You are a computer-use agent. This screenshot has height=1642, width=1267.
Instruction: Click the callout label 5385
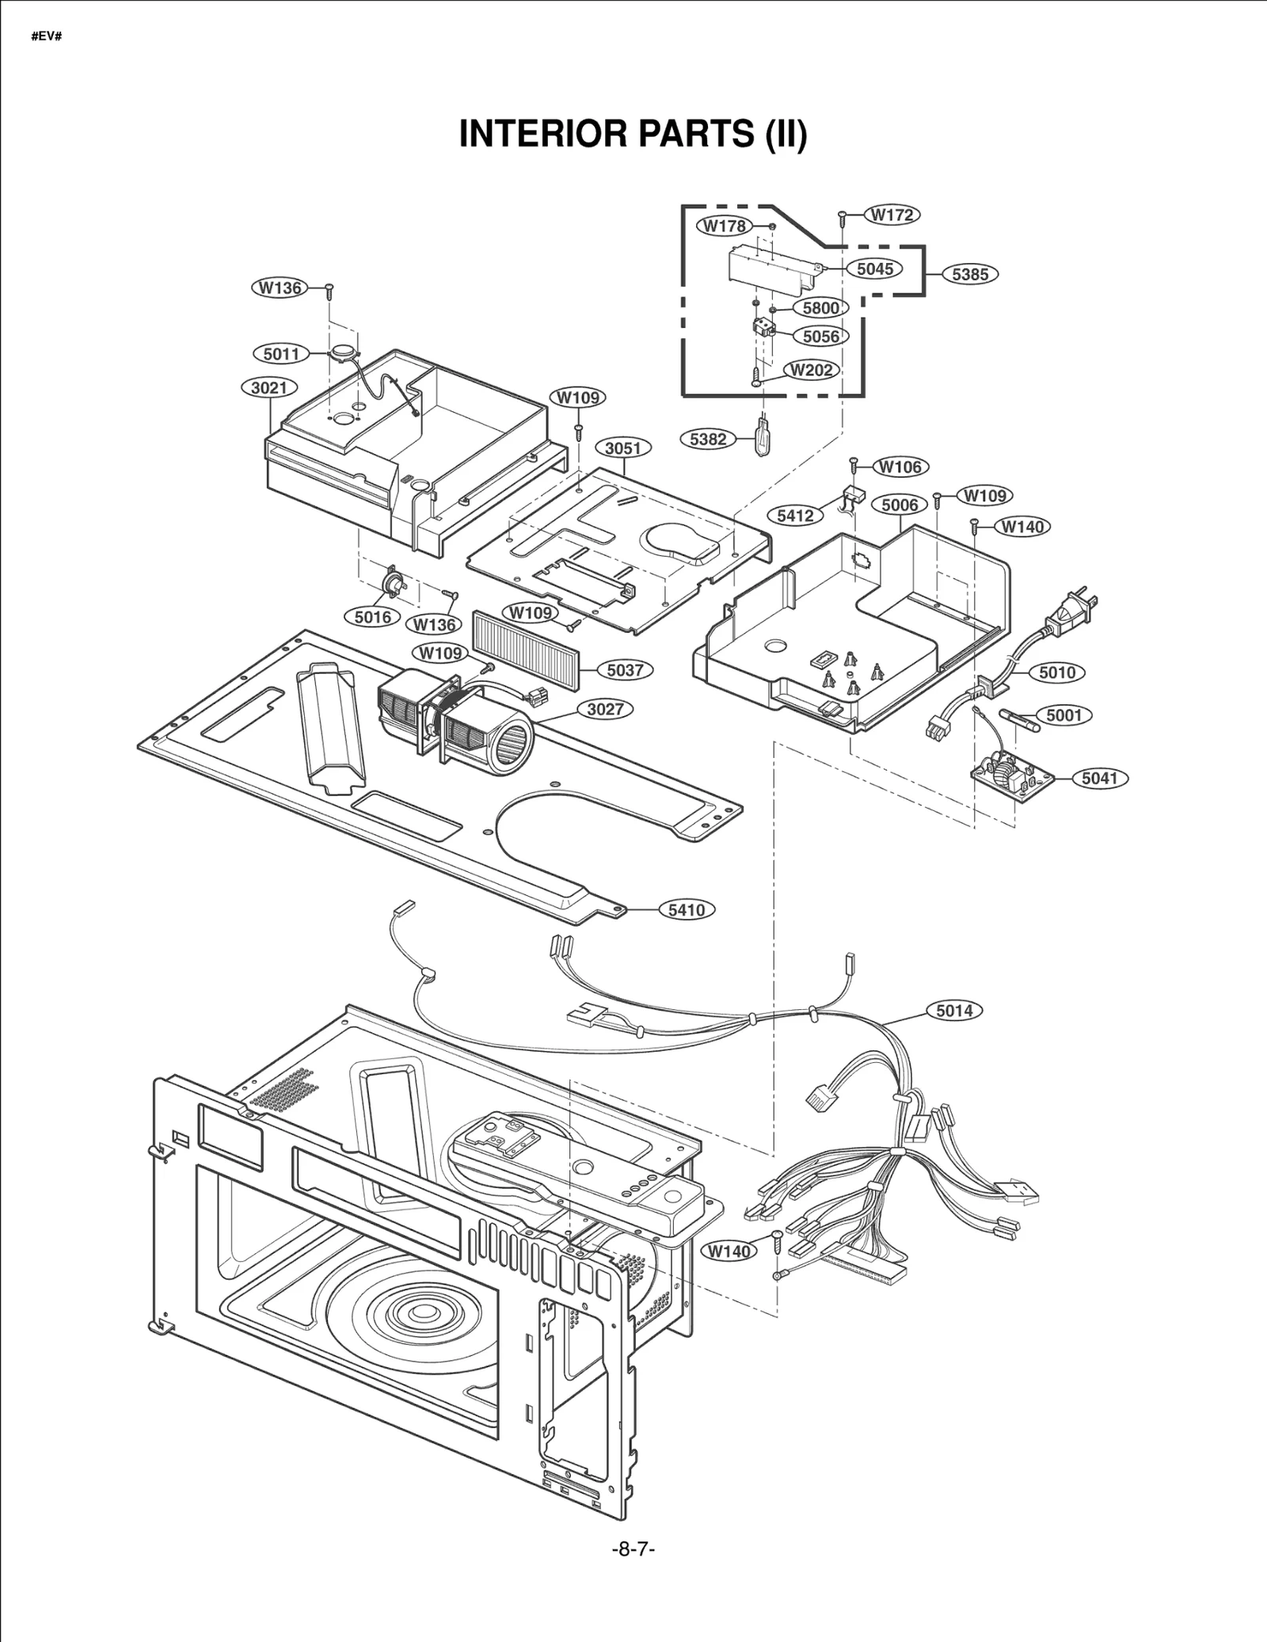click(x=970, y=274)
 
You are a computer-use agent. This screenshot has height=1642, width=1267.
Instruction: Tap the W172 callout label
click(x=892, y=215)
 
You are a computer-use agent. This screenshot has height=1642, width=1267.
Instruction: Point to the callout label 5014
click(x=954, y=1011)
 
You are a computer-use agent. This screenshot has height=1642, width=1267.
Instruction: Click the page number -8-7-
click(x=633, y=1549)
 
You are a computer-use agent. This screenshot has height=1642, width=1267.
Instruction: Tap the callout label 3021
click(x=269, y=388)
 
